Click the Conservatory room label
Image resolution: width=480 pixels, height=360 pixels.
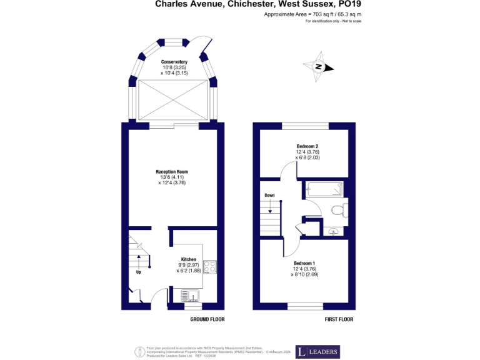(x=174, y=62)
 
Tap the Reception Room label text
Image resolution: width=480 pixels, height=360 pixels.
(x=172, y=171)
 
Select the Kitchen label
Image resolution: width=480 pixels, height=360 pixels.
(x=189, y=259)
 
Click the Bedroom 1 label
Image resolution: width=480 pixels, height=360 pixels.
(x=304, y=263)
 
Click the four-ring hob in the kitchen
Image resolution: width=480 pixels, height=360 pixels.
(x=210, y=267)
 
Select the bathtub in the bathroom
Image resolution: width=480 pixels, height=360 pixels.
(x=323, y=189)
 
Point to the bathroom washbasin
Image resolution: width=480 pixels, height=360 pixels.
(x=334, y=232)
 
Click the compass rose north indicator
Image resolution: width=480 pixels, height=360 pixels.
(x=319, y=67)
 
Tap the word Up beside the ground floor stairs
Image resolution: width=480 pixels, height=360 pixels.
(x=138, y=272)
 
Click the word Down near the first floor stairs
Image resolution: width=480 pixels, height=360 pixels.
(x=269, y=195)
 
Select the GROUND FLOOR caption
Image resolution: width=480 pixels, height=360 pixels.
(x=207, y=319)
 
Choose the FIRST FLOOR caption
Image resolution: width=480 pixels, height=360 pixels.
(x=339, y=319)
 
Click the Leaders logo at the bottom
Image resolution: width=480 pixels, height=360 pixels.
(x=317, y=352)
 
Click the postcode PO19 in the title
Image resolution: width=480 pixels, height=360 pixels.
(x=351, y=4)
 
